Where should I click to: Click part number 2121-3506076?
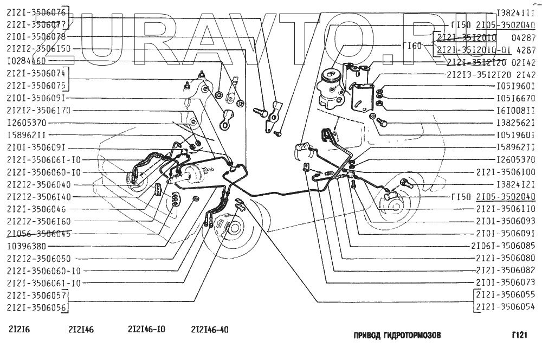point(36,12)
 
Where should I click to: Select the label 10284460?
point(27,61)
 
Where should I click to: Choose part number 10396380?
point(27,246)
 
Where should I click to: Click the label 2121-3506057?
point(36,295)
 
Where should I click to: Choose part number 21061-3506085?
point(504,246)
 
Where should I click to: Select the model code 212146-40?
point(210,329)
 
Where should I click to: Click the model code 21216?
point(19,329)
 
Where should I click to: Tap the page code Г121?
point(519,336)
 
